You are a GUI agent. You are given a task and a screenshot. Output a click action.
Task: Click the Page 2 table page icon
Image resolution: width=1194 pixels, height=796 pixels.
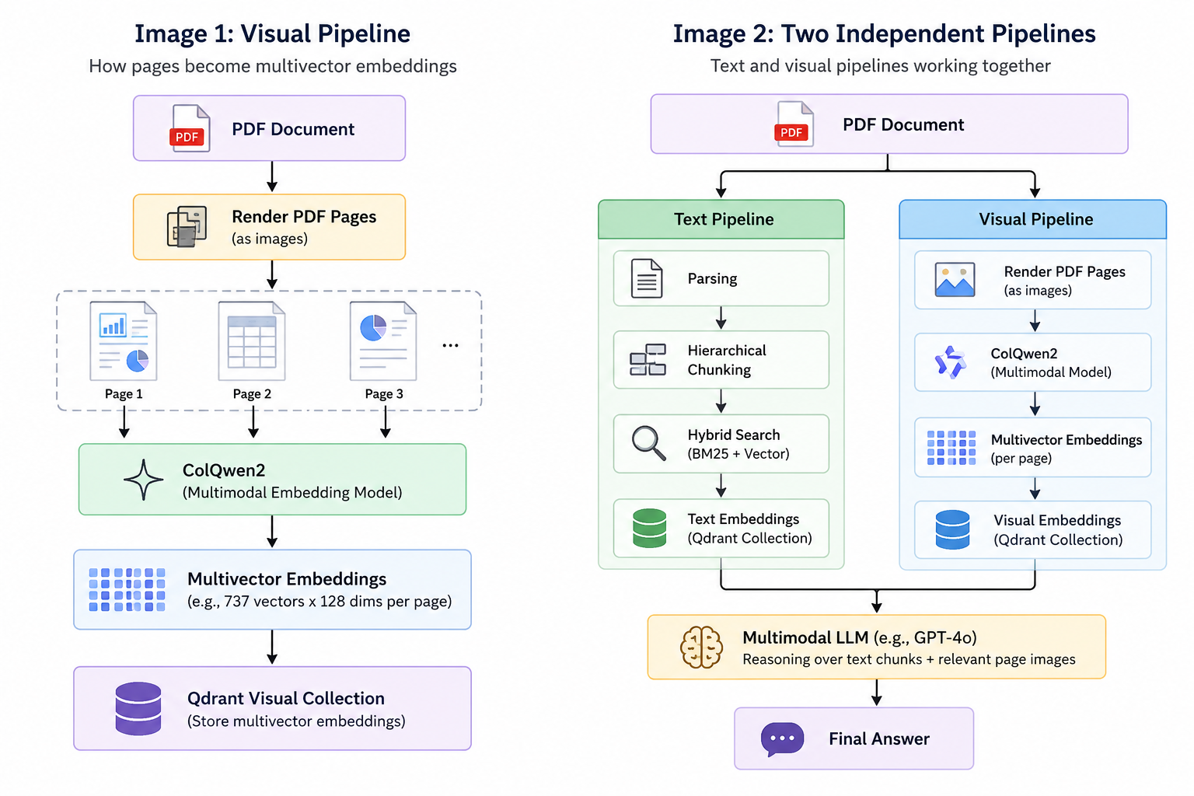click(252, 341)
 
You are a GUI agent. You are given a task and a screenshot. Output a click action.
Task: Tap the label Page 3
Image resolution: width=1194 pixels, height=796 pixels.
click(384, 394)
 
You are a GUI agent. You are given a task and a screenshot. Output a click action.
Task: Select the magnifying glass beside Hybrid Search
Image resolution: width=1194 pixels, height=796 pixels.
click(648, 443)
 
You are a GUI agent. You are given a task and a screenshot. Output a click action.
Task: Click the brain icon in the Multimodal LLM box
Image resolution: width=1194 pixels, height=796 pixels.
click(701, 648)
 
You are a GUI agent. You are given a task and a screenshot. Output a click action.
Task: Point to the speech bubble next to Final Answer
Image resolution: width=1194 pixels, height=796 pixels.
click(782, 739)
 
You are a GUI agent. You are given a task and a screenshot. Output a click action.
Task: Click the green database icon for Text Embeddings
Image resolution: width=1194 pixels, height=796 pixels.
click(649, 528)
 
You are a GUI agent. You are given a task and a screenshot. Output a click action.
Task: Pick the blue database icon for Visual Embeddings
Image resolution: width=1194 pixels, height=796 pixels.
click(952, 529)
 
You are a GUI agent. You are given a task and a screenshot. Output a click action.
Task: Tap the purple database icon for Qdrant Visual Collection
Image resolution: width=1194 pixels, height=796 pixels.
click(138, 709)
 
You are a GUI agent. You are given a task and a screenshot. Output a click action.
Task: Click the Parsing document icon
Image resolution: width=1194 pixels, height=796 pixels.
click(647, 278)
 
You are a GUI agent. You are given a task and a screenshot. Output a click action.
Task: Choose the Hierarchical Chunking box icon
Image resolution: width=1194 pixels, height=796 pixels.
click(648, 360)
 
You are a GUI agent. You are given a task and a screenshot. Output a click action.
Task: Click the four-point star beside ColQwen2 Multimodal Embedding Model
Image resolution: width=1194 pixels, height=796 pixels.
click(143, 480)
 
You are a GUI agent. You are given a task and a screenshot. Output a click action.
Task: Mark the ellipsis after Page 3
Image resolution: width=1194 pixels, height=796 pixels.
click(450, 345)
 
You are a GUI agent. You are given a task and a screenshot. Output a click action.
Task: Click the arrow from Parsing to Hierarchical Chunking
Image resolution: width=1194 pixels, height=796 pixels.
click(721, 318)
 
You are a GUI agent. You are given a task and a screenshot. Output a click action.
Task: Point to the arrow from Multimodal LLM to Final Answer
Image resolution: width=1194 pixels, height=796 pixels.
click(877, 693)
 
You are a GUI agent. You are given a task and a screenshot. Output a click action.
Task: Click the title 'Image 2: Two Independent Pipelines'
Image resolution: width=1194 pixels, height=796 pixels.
click(884, 33)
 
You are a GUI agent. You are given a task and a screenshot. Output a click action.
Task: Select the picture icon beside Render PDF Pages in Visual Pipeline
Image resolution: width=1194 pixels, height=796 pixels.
click(955, 279)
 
